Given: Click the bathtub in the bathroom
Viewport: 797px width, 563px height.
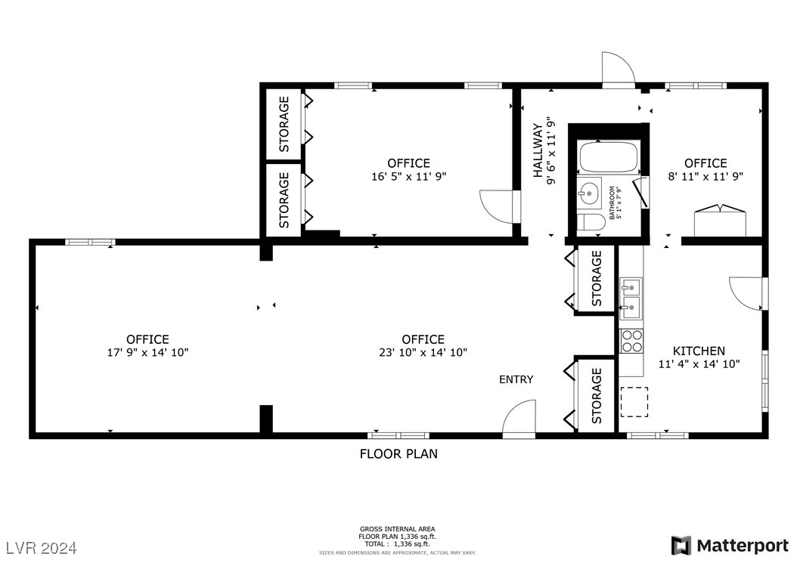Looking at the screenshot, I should click(608, 158).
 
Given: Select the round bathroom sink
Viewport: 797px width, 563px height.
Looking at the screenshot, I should click(589, 193).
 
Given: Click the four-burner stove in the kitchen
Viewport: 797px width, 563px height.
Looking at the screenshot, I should click(631, 341).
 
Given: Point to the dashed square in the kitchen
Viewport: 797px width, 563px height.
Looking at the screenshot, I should click(634, 401).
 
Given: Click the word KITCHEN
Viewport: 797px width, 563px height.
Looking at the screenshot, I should click(699, 351).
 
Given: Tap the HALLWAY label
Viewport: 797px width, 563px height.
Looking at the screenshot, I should click(538, 151).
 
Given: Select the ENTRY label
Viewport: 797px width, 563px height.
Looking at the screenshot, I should click(516, 379).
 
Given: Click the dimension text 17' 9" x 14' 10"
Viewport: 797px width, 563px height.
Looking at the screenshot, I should click(147, 352).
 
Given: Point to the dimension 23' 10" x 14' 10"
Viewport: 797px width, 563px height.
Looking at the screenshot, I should click(423, 352).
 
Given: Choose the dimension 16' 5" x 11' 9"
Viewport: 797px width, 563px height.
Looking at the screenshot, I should click(408, 176).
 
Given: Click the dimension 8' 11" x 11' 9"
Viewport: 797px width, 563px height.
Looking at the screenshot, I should click(706, 176).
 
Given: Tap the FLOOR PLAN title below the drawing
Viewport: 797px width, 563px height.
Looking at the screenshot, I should click(398, 454).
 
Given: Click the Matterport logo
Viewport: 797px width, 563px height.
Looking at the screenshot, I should click(729, 545).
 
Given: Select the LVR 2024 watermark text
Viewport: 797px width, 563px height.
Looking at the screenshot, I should click(42, 546).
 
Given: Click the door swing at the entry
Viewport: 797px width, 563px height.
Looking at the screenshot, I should click(519, 420).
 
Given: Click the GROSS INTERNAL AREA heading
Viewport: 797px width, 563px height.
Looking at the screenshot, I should click(397, 529).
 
